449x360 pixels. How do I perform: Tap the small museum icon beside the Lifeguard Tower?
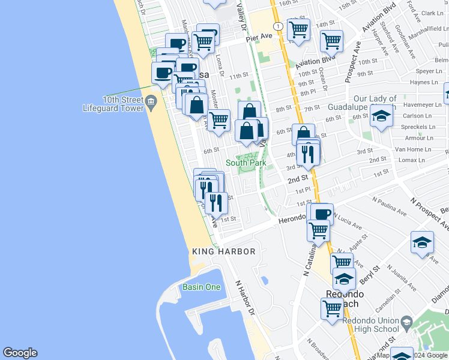tap(151, 103)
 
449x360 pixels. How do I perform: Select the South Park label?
tap(246, 163)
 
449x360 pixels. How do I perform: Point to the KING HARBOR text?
tap(224, 251)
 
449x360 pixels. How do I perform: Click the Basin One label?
tap(202, 287)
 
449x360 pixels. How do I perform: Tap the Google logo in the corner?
tap(20, 353)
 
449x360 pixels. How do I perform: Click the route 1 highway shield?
tap(278, 27)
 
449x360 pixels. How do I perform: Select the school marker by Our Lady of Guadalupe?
tap(381, 117)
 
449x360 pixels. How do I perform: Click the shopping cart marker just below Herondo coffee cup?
tap(318, 230)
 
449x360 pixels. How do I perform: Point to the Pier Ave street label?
tap(259, 37)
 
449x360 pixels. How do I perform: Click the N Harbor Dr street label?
tap(245, 297)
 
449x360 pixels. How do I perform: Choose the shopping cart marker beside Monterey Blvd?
tap(219, 120)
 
